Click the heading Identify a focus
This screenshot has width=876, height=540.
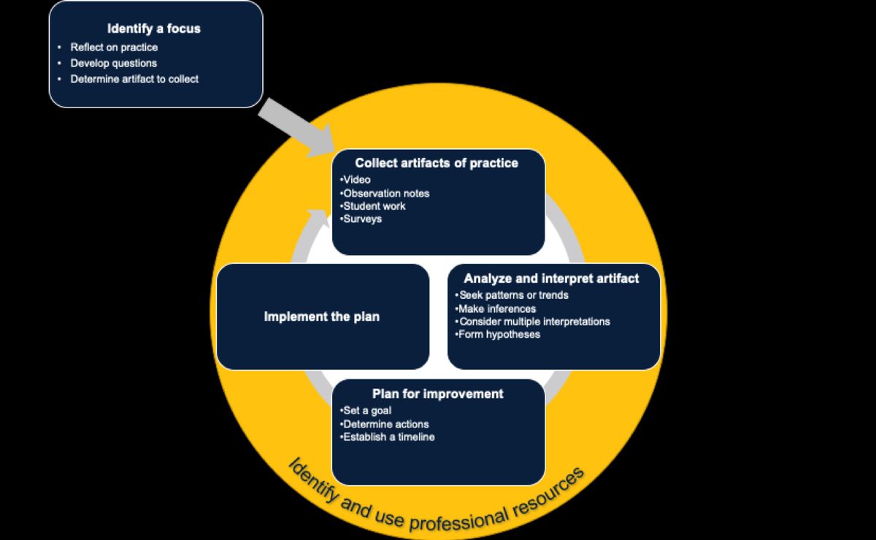point(154,29)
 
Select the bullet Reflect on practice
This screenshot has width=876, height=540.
point(114,47)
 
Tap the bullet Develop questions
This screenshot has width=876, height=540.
point(113,64)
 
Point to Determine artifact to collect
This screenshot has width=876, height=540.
point(134,79)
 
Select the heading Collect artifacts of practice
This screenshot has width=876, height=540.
point(437,163)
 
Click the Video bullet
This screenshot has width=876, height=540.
point(356,180)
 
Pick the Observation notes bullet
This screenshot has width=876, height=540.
point(385,193)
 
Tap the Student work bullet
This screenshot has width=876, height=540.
point(374,206)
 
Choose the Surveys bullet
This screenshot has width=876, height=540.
point(361,219)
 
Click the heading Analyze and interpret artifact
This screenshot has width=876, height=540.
point(551,278)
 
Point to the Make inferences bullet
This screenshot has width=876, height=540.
point(496,308)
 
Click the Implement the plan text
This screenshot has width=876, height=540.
point(322,317)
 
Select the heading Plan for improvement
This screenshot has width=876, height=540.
point(437,394)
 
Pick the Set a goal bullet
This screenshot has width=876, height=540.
point(366,411)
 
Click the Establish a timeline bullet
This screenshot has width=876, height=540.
point(388,437)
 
